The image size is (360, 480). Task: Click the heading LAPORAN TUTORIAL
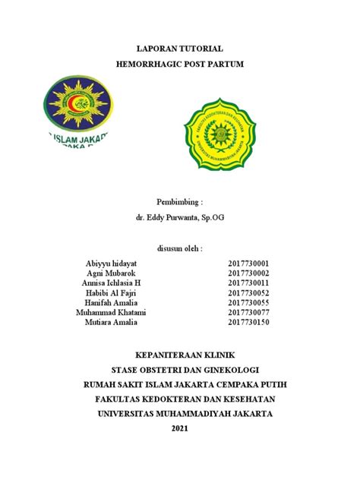click(179, 48)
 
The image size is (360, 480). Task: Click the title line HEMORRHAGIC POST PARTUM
click(179, 65)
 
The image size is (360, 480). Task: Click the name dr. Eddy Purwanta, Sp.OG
click(179, 218)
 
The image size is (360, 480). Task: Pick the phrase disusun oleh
click(179, 248)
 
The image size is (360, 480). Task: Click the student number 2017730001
click(248, 263)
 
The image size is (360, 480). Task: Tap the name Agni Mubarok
click(112, 273)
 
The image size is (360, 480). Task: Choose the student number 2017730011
click(248, 283)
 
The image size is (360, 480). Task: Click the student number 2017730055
click(248, 302)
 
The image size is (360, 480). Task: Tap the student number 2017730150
click(248, 322)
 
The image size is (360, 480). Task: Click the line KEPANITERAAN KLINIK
click(179, 355)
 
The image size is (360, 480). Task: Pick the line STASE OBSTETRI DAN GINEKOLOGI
click(179, 369)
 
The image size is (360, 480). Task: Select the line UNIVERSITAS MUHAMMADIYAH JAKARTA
click(179, 414)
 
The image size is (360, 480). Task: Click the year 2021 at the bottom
click(179, 429)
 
